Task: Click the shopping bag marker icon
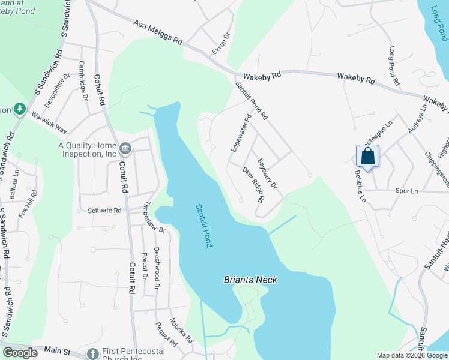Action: point(367,157)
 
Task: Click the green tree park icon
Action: point(20,109)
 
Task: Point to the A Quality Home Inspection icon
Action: point(125,148)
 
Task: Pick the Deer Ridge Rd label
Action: point(254,184)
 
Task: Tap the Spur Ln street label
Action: point(406,191)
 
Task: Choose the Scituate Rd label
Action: point(104,211)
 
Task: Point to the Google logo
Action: point(20,353)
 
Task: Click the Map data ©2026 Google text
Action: point(412,355)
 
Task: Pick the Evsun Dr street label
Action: point(220,44)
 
